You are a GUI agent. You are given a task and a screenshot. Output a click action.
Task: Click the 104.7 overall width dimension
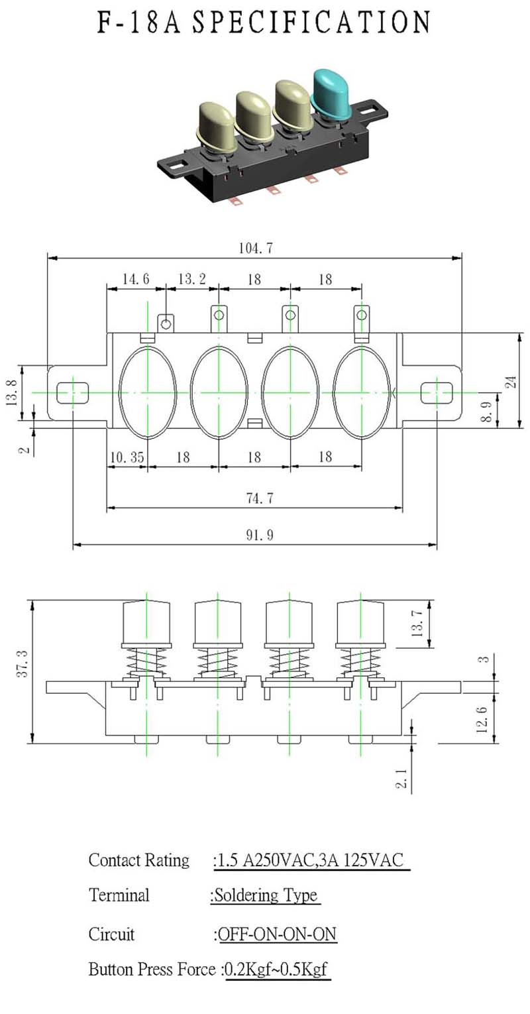tap(256, 248)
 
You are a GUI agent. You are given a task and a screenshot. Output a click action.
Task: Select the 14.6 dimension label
tap(135, 279)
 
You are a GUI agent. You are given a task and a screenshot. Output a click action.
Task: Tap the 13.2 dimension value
tap(192, 279)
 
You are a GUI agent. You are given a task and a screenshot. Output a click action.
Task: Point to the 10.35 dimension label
tap(127, 457)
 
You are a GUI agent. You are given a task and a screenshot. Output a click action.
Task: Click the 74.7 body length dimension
tap(259, 498)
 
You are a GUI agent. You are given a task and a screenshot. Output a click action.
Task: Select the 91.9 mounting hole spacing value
tap(259, 535)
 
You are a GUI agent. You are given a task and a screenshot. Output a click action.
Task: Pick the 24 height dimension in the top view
tap(511, 382)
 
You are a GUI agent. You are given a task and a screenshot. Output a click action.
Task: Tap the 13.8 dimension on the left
tap(12, 392)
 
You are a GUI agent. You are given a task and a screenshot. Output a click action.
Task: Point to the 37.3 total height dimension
tap(23, 663)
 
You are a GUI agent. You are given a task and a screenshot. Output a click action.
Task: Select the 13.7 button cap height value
tap(417, 623)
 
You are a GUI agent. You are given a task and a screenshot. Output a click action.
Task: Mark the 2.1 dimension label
tap(402, 779)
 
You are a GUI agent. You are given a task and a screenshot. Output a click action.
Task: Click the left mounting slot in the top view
tap(73, 392)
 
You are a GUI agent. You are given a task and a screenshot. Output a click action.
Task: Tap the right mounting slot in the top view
tap(437, 392)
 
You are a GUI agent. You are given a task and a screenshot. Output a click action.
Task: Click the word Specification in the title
tap(311, 22)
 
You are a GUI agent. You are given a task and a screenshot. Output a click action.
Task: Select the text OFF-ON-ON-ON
tap(278, 934)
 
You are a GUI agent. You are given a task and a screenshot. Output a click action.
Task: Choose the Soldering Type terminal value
tap(266, 895)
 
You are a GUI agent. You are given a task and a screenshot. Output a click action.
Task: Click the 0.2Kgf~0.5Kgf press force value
tap(276, 969)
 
